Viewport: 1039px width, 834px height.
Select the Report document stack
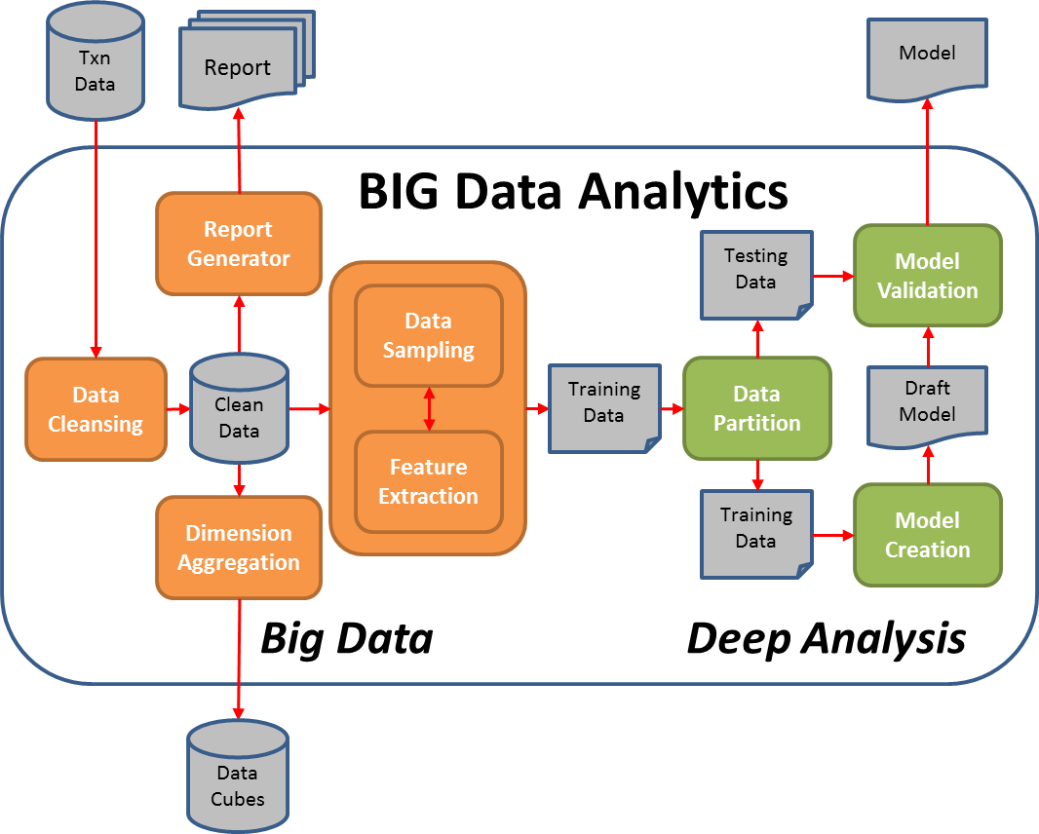pyautogui.click(x=239, y=66)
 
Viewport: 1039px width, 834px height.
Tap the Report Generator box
pyautogui.click(x=239, y=244)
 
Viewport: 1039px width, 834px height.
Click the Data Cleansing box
pyautogui.click(x=96, y=409)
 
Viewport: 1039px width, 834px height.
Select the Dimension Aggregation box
pyautogui.click(x=239, y=548)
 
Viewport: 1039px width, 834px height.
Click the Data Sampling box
pyautogui.click(x=429, y=335)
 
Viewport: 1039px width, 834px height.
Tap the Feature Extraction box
pyautogui.click(x=429, y=481)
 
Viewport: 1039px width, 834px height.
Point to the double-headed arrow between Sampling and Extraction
pyautogui.click(x=429, y=408)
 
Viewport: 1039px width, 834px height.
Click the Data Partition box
pyautogui.click(x=756, y=408)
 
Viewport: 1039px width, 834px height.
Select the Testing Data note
pyautogui.click(x=756, y=275)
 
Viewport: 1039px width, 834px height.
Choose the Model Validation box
pyautogui.click(x=927, y=275)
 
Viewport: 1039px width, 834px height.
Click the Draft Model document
pyautogui.click(x=927, y=403)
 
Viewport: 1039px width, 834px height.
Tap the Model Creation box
pyautogui.click(x=927, y=535)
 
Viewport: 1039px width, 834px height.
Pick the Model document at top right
pyautogui.click(x=927, y=58)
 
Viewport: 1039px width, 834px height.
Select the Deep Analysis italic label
pyautogui.click(x=827, y=638)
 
